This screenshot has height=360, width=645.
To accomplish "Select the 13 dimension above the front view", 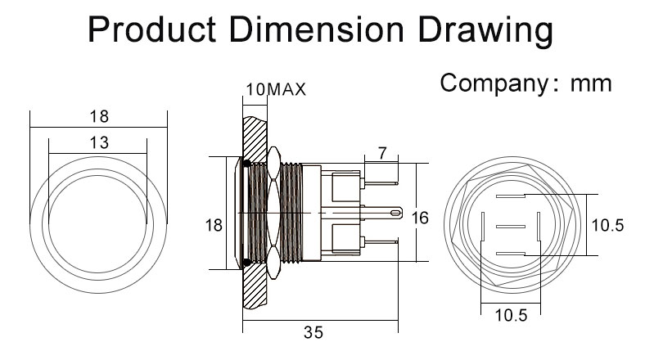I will point(98,142).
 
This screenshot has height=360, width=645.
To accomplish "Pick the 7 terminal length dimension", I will point(382,152).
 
